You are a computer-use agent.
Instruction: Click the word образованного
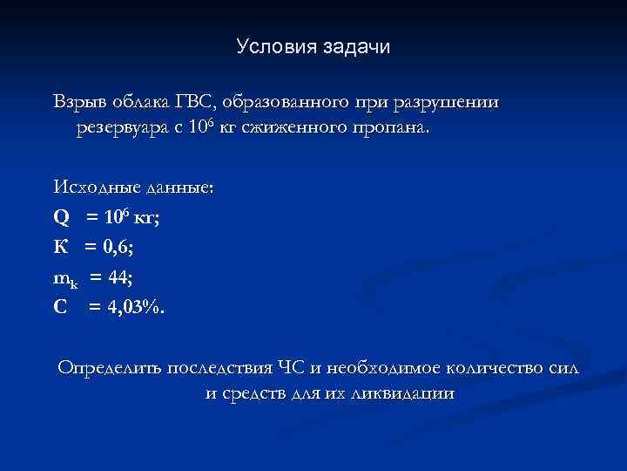click(291, 102)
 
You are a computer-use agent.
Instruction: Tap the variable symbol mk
click(66, 278)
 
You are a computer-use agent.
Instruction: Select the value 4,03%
click(131, 308)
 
